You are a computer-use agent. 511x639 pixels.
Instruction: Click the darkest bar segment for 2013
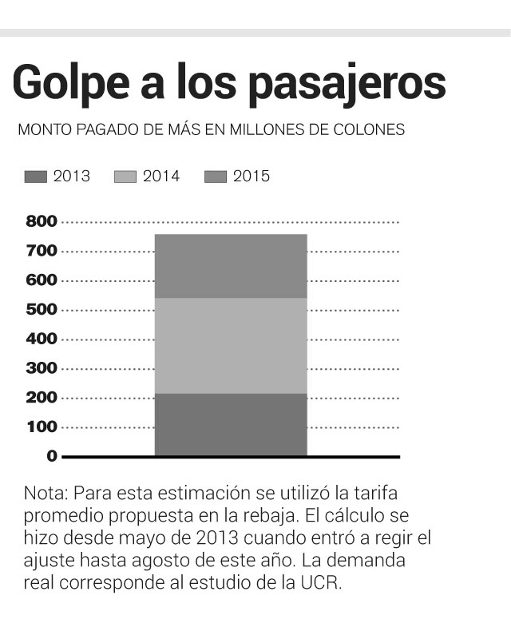pyautogui.click(x=231, y=424)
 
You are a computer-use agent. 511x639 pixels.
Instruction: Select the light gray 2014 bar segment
pyautogui.click(x=231, y=345)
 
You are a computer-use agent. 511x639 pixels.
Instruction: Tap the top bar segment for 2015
pyautogui.click(x=231, y=266)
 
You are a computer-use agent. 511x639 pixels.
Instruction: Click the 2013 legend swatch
pyautogui.click(x=36, y=177)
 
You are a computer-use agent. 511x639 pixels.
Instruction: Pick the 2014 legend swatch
pyautogui.click(x=126, y=177)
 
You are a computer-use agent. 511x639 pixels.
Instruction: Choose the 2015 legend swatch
pyautogui.click(x=216, y=177)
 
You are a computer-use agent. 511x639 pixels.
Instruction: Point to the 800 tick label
pyautogui.click(x=42, y=221)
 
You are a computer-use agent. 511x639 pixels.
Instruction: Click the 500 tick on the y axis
pyautogui.click(x=42, y=309)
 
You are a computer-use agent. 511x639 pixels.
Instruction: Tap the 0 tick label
pyautogui.click(x=52, y=456)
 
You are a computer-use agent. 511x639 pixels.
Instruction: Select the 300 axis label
pyautogui.click(x=42, y=368)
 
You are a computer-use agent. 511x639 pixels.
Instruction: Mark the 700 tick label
pyautogui.click(x=42, y=251)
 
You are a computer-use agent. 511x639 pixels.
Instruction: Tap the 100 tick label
pyautogui.click(x=42, y=427)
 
